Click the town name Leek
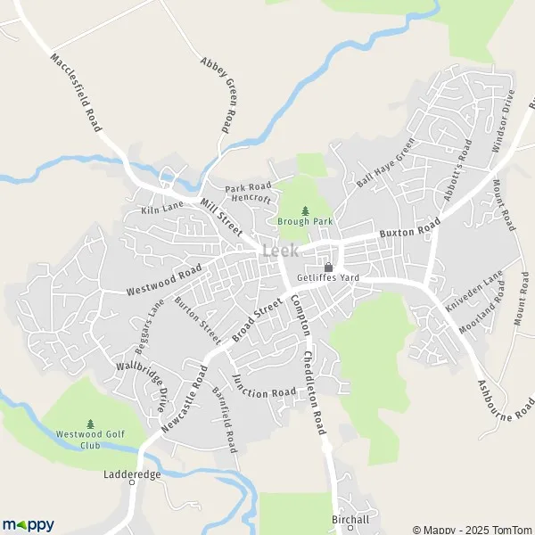click(281, 251)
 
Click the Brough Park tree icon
click(305, 211)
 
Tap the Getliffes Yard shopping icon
click(328, 267)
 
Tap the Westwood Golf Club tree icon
click(90, 424)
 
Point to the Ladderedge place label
click(132, 474)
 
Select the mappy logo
click(28, 524)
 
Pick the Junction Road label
click(264, 386)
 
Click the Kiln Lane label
click(164, 210)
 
